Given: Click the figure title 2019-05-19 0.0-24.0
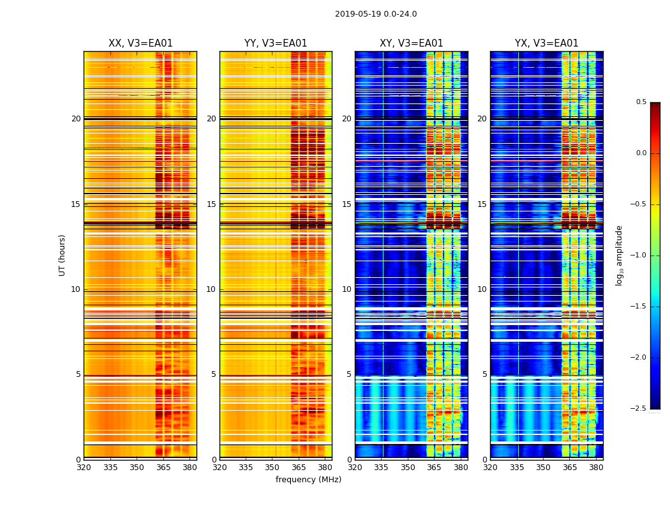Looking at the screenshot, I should coord(376,14).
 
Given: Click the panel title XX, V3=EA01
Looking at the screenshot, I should coord(140,43).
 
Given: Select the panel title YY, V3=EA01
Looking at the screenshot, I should coord(276,43).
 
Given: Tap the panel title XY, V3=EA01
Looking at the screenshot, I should coord(412,43).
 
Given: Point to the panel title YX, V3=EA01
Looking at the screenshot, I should coord(547,43).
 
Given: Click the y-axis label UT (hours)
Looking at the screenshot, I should coord(62,255).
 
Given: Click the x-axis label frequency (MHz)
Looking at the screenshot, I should coord(308,480).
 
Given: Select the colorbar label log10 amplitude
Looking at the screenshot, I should coord(619,256).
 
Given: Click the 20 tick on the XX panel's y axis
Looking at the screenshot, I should coord(76,119).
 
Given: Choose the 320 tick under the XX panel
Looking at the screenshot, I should coord(84,467).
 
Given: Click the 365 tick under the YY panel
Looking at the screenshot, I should coord(299,467).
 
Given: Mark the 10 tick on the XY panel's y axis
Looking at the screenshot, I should coord(346,289).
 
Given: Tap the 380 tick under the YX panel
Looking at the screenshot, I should coord(596,467).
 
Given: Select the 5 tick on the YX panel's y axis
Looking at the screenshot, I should coord(484,374).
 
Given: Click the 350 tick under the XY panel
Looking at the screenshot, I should coord(408,467).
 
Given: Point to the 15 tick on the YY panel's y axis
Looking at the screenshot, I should coord(211,204).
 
